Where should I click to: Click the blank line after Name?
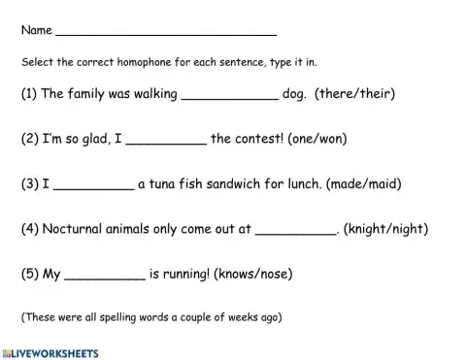click(166, 31)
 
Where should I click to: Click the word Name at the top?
click(37, 30)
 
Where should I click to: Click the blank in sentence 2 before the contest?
click(166, 140)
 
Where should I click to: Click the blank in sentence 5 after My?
click(105, 276)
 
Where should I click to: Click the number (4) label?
click(29, 230)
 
